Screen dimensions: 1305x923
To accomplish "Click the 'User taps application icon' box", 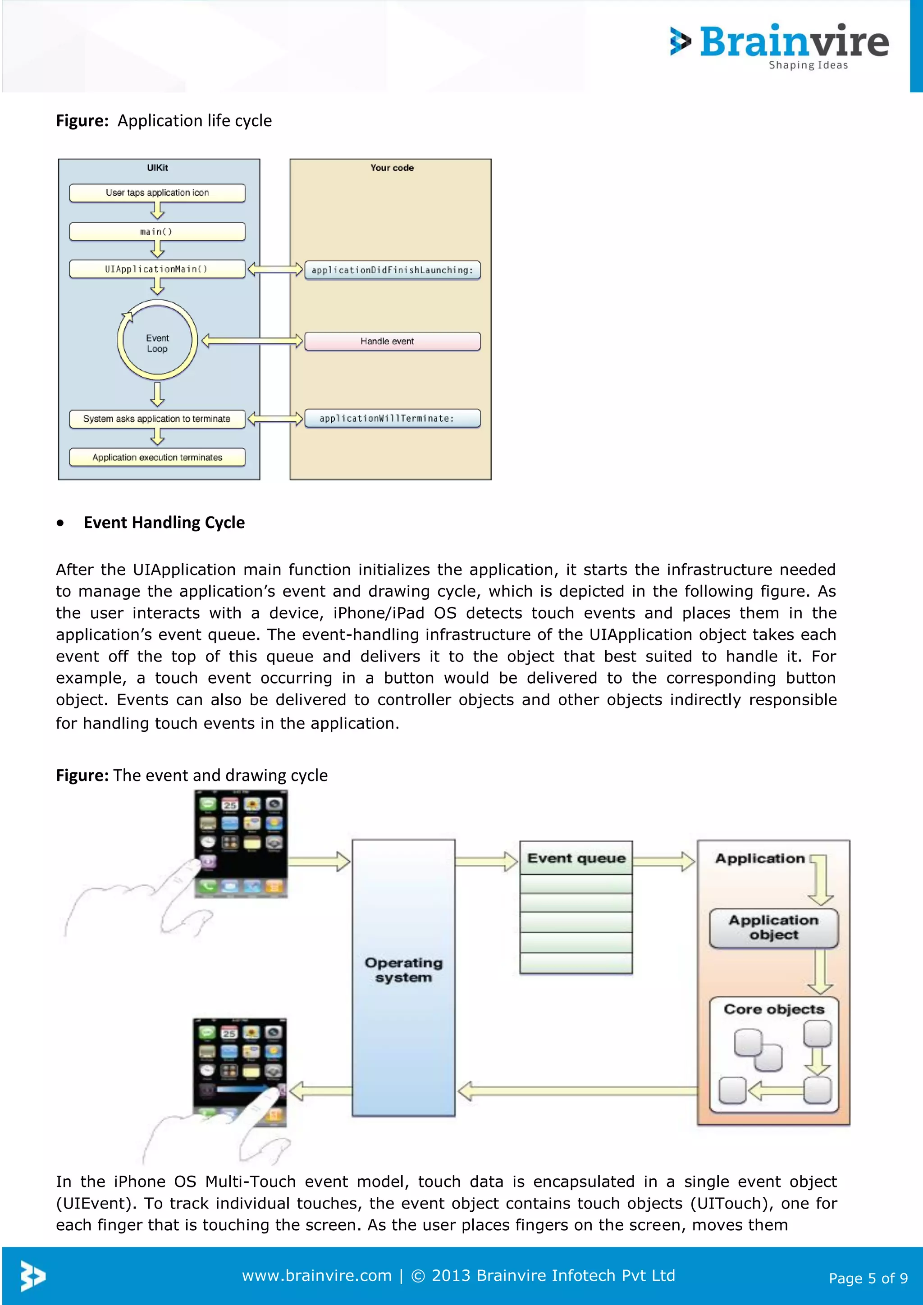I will [157, 193].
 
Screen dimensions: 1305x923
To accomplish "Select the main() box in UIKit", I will [157, 231].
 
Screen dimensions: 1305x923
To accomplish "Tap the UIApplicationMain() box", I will [157, 269].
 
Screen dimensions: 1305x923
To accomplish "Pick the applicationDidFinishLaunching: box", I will [392, 270].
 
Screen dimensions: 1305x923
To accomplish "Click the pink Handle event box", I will [392, 341].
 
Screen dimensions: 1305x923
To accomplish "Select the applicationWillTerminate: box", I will [392, 418].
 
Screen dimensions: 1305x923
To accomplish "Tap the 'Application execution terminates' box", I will [157, 457].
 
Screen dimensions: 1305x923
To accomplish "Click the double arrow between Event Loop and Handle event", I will [252, 341].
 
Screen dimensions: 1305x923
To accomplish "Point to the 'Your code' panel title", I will [392, 168].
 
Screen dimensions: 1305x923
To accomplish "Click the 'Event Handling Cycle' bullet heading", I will [164, 522].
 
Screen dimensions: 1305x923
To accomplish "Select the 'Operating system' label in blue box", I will [403, 970].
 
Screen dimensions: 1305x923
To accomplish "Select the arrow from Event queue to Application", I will [663, 861].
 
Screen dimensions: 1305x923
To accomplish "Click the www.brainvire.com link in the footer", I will [316, 1275].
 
